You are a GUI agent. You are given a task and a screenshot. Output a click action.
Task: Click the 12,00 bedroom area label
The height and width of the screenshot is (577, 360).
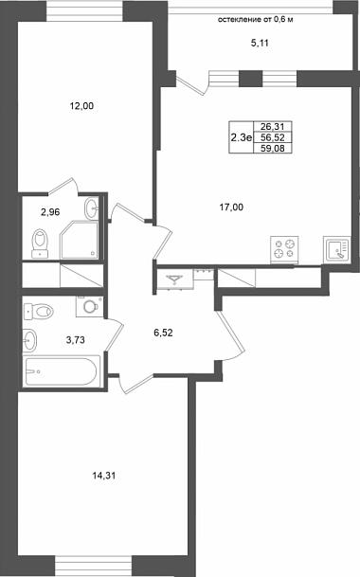pos(81,106)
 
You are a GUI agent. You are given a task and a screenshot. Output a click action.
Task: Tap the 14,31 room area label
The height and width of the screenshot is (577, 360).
pos(104,476)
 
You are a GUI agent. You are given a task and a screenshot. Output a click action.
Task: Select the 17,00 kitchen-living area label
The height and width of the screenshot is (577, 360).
pos(231,207)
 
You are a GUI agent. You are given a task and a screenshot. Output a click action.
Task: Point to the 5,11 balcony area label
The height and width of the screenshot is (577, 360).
pos(260,43)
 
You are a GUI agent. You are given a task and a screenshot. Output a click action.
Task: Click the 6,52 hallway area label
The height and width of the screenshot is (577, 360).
pos(163,333)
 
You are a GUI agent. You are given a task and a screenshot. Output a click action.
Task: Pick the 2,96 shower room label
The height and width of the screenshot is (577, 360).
pos(50,212)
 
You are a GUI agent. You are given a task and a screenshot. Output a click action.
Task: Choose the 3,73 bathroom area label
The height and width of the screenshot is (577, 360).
pos(75,339)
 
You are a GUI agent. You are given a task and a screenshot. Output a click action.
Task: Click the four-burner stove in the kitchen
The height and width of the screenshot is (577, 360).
pos(284,249)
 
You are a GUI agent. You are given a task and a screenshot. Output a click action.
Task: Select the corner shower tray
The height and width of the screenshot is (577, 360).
pos(80,239)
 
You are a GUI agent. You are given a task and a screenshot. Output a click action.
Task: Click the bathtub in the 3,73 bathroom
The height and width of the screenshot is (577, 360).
pos(62,371)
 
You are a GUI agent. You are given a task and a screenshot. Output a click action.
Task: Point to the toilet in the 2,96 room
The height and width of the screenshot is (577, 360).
pos(40,243)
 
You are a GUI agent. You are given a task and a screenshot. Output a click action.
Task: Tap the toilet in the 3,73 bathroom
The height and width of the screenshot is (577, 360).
pos(38,312)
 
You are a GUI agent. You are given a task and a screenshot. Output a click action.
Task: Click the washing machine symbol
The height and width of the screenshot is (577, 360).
pos(90,306)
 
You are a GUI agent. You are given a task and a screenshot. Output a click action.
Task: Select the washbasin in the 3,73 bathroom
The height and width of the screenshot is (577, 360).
pos(29,340)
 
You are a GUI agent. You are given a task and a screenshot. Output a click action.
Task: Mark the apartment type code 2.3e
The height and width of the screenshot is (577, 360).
pos(241,138)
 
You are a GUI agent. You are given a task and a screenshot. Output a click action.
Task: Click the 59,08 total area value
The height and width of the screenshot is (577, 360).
pos(273,149)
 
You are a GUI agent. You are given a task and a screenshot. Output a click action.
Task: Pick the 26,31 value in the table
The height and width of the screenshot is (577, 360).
pos(273,127)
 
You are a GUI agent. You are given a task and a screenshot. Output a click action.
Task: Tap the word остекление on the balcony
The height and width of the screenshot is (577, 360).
pos(239,20)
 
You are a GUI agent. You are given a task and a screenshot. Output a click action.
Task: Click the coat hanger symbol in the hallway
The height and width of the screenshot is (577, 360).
pos(175,280)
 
